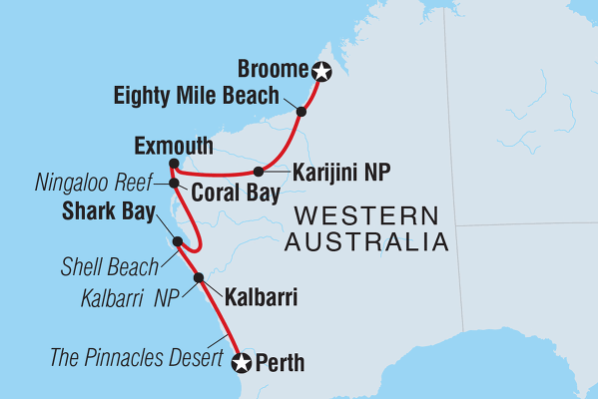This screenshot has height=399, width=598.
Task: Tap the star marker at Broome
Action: click(x=320, y=71)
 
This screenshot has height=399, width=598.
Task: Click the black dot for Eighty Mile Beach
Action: click(x=301, y=111)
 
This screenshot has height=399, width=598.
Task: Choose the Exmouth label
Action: click(x=171, y=147)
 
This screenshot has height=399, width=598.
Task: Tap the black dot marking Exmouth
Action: click(x=174, y=164)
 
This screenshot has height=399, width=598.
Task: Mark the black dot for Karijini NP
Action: click(x=259, y=171)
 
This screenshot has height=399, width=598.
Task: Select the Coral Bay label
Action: click(x=235, y=191)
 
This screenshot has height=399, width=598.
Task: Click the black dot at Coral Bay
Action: click(x=174, y=183)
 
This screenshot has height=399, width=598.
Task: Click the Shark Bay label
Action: click(x=108, y=211)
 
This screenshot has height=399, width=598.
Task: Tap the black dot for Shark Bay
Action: click(x=177, y=241)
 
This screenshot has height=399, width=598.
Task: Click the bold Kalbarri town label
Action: click(x=261, y=296)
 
